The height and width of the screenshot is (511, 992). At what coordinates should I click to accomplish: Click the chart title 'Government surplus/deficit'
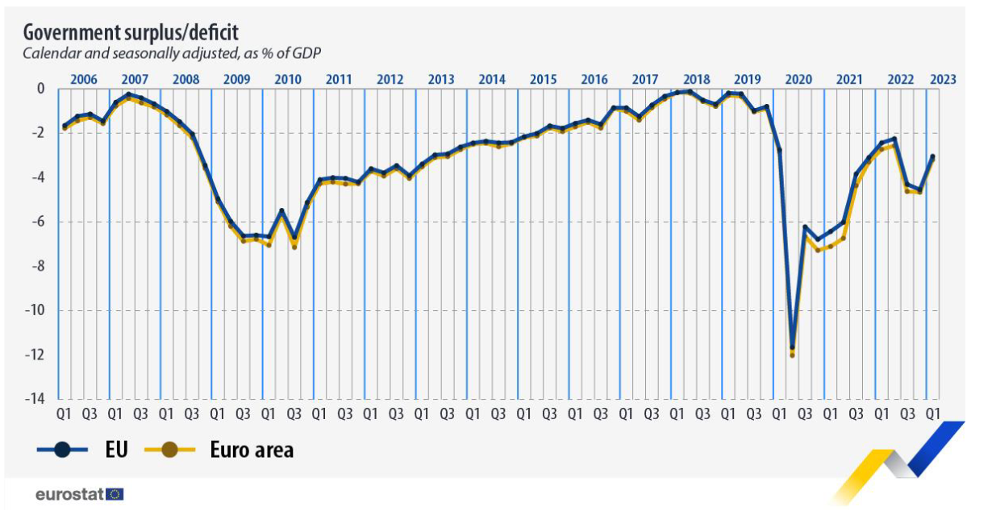pos(130,32)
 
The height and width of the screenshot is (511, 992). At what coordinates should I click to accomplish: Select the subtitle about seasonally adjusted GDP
pos(173,54)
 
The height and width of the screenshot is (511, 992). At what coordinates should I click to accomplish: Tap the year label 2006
pos(84,79)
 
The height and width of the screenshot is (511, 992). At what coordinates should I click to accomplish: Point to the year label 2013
pos(441,79)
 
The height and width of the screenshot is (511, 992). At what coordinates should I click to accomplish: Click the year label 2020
pos(798,79)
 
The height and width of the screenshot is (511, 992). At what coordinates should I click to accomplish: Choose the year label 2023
pos(942,79)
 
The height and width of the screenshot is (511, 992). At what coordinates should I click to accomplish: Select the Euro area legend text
pos(252,449)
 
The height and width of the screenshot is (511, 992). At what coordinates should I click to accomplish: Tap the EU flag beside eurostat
pos(115,494)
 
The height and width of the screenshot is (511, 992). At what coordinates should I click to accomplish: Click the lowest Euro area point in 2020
pos(792,355)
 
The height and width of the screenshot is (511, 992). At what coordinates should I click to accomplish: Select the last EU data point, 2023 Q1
pos(932,157)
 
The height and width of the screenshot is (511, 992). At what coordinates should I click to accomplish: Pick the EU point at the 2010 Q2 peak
pos(281,211)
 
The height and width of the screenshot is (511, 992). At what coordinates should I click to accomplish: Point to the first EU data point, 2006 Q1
pos(65,126)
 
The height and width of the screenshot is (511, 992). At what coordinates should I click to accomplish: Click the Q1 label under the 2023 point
pos(932,413)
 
